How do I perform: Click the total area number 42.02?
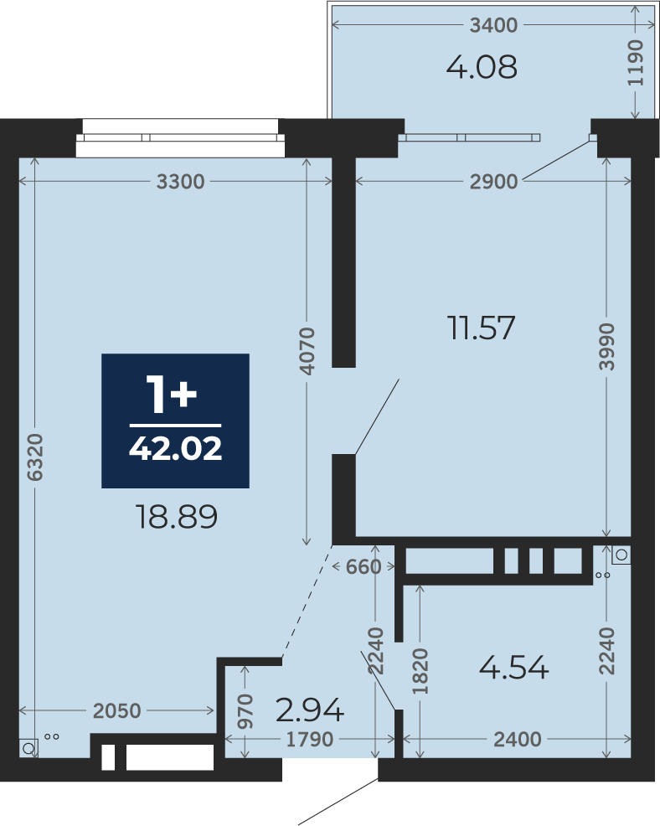(175, 449)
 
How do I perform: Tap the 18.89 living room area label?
(177, 517)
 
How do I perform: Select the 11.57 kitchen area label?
(481, 328)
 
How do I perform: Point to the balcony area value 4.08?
(482, 67)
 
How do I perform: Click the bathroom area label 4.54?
(514, 668)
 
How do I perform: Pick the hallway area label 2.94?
(310, 710)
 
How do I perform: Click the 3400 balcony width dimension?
(493, 25)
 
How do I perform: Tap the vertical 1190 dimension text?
(636, 63)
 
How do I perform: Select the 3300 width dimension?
(181, 182)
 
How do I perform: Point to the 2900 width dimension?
(494, 182)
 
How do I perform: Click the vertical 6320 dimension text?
(35, 457)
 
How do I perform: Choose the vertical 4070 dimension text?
(307, 351)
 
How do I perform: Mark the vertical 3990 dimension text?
(606, 347)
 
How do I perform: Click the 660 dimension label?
(364, 567)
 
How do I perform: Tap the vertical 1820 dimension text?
(420, 672)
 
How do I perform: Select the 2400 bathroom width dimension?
(518, 740)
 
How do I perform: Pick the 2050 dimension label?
(117, 711)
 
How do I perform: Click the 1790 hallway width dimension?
(310, 740)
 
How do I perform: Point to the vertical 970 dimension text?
(245, 711)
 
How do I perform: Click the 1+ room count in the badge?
(172, 394)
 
